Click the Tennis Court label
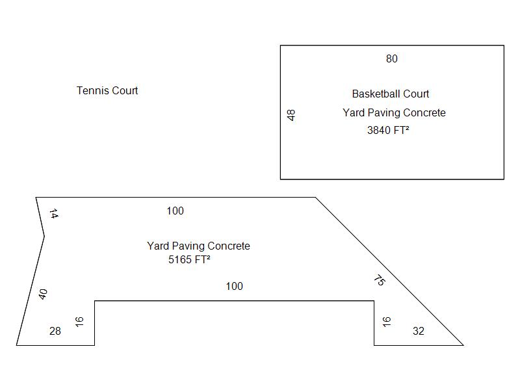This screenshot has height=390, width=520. pos(107,90)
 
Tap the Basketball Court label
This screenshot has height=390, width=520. pos(391,94)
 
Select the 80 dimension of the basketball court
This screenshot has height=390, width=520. pos(392,58)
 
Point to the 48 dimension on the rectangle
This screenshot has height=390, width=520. pos(291,115)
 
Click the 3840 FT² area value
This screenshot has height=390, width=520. pos(388,130)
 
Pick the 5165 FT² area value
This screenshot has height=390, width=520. pos(189,259)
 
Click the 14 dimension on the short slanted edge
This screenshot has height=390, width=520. pos(54,214)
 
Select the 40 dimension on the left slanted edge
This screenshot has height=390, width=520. pos(43,294)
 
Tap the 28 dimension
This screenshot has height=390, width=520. pos(55,331)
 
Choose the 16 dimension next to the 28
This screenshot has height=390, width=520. pos(79,322)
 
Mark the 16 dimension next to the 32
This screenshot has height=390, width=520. pos(386,322)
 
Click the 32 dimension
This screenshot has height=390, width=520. pos(419,331)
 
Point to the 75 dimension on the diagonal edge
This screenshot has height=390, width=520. pos(380,280)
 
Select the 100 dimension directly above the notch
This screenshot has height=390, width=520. pos(234,286)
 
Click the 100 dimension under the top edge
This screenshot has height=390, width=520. pos(175,211)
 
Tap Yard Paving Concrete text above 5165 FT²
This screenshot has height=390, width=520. pos(198,246)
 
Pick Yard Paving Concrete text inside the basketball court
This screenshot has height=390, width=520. pos(394,112)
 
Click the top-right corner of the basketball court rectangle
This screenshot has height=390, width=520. pos(504,45)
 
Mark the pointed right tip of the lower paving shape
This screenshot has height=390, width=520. pos(463,345)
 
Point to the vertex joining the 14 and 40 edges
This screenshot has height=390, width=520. pos(44,236)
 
